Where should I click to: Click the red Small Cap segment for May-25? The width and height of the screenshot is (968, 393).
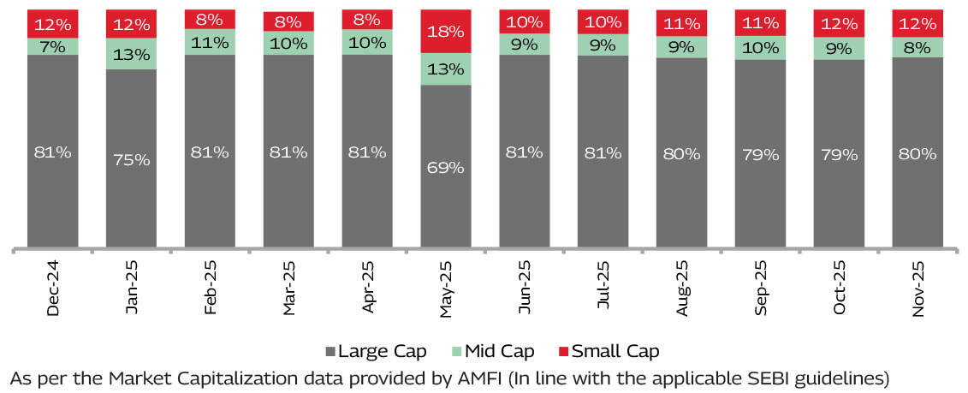pos(446,32)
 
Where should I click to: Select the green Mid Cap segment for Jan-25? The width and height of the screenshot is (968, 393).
pos(131,54)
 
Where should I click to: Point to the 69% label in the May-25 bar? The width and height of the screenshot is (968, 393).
pos(446,168)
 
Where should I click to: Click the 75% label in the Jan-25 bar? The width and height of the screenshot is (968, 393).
pos(131,160)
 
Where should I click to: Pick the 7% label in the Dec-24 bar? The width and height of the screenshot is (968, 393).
pos(53,46)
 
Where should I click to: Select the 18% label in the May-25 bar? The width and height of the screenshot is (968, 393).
pos(446,32)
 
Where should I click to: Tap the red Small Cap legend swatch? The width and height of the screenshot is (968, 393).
pos(561,352)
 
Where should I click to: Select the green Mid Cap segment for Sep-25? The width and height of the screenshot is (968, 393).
pos(760,49)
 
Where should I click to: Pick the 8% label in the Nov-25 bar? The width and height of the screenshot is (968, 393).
pos(918,48)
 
